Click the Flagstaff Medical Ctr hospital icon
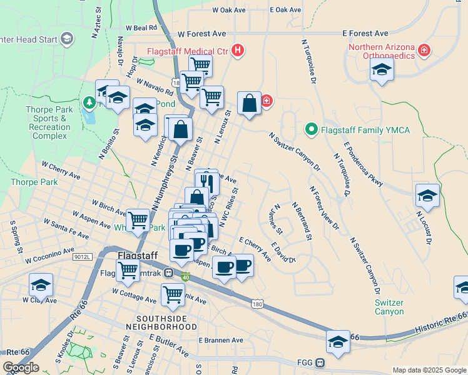point(238,51)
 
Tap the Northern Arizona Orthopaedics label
point(382,51)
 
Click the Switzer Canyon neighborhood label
point(389,307)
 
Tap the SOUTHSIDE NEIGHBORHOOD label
point(156,322)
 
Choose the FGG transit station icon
point(320,362)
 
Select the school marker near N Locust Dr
point(427,196)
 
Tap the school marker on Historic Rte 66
point(338,342)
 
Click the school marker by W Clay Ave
point(41,285)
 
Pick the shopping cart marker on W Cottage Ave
point(173,294)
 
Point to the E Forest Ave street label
point(365,33)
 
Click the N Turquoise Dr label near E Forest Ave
point(309,61)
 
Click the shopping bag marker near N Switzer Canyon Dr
point(250,104)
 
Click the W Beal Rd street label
point(141,28)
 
